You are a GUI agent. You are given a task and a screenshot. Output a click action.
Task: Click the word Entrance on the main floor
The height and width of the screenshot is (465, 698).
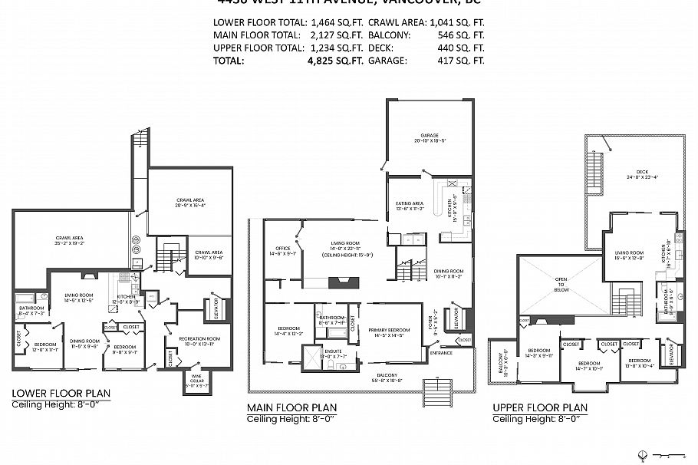tap(441, 353)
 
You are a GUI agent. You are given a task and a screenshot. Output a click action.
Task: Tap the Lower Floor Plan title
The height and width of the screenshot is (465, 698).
tap(61, 394)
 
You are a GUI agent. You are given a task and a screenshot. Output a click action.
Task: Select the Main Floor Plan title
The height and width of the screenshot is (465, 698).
tap(291, 407)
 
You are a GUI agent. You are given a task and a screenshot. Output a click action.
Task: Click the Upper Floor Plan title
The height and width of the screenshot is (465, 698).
tap(540, 407)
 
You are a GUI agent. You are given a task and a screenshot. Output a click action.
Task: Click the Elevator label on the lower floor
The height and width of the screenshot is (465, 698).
tap(217, 309)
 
